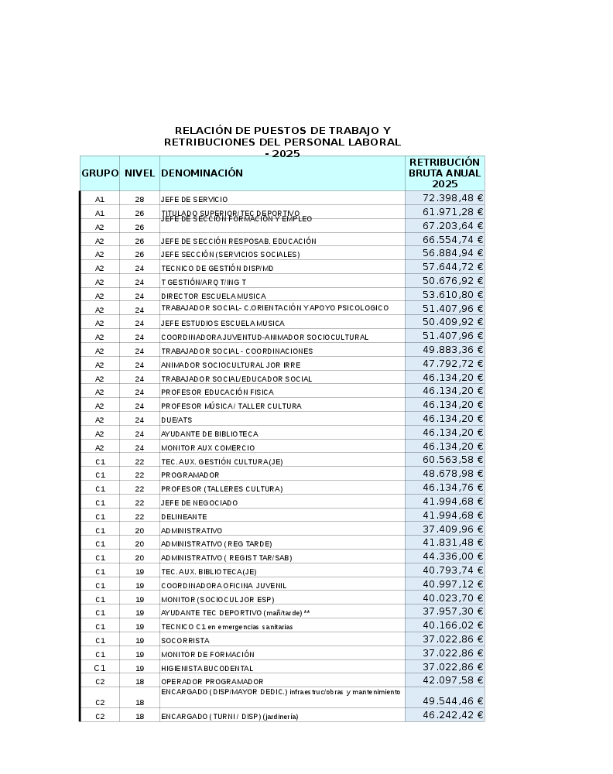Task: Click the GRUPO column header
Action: click(100, 173)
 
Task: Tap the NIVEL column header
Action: click(139, 173)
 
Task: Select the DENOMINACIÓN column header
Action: click(202, 173)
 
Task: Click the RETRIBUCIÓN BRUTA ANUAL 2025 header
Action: click(445, 173)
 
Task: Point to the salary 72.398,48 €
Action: click(453, 198)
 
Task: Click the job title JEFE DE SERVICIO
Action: click(194, 200)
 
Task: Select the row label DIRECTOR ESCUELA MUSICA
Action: click(213, 296)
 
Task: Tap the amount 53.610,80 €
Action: click(453, 295)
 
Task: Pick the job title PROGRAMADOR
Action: click(190, 475)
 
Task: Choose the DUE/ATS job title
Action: click(176, 420)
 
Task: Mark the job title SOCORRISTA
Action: click(185, 641)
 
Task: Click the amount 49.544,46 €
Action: click(453, 701)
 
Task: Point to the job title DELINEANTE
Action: click(183, 517)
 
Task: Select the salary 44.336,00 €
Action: click(453, 557)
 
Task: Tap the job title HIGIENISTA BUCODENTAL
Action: click(207, 669)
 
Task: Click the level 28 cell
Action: click(139, 200)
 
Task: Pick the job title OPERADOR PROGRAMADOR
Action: click(212, 682)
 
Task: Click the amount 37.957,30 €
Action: click(453, 611)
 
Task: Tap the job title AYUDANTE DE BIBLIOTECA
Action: click(209, 434)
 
